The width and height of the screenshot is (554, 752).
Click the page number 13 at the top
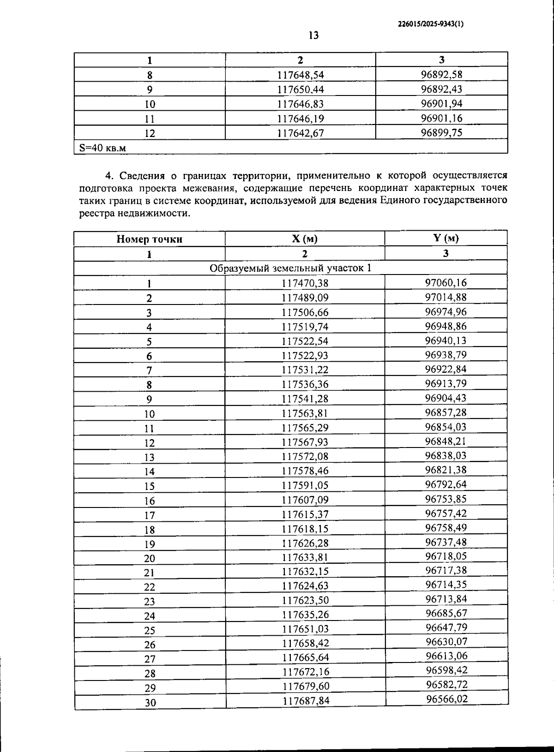pyautogui.click(x=313, y=36)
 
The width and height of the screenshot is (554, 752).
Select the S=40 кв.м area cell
pyautogui.click(x=102, y=148)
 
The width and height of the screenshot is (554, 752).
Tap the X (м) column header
pyautogui.click(x=305, y=239)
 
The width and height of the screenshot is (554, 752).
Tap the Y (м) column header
pyautogui.click(x=446, y=238)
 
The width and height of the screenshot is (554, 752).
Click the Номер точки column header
pyautogui.click(x=149, y=239)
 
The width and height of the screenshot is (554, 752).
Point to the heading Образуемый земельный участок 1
pyautogui.click(x=290, y=269)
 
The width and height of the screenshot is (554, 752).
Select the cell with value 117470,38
pyautogui.click(x=305, y=283)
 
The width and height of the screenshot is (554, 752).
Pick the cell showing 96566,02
pyautogui.click(x=446, y=699)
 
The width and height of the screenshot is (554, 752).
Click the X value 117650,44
pyautogui.click(x=300, y=90)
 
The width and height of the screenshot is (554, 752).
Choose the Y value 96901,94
pyautogui.click(x=441, y=103)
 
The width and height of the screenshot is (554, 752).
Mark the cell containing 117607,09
pyautogui.click(x=305, y=500)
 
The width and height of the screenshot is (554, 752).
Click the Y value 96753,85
pyautogui.click(x=446, y=499)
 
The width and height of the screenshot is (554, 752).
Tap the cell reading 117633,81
pyautogui.click(x=305, y=557)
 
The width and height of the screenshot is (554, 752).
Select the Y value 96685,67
pyautogui.click(x=446, y=613)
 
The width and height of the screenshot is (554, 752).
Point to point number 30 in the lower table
pyautogui.click(x=150, y=703)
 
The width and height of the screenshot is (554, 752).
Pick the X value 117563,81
pyautogui.click(x=305, y=413)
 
